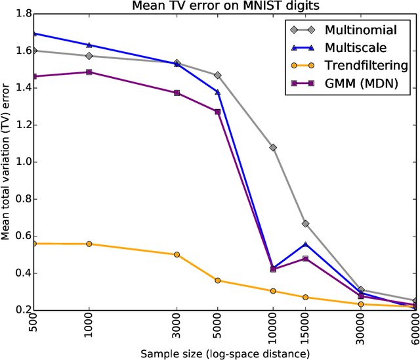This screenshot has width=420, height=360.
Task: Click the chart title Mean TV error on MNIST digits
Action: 224,7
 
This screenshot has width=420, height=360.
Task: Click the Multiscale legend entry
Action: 354,47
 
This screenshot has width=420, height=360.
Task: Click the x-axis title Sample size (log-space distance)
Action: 224,353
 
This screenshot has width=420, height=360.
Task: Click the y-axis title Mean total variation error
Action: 6,162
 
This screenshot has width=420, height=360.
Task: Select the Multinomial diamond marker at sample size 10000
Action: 273,148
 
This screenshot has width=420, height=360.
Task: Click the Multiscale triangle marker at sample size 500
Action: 34,33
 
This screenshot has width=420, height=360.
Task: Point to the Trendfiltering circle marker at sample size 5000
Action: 218,281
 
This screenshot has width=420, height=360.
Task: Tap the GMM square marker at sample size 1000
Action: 89,72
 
